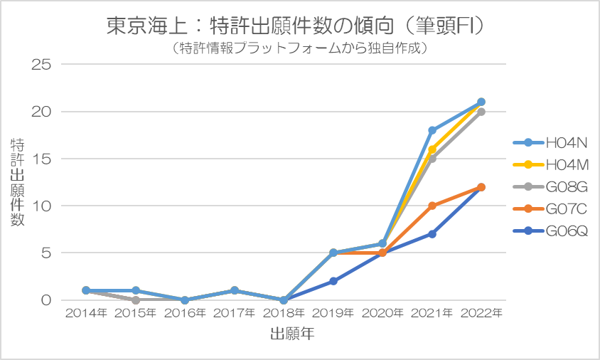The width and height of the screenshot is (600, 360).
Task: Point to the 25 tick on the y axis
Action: click(42, 65)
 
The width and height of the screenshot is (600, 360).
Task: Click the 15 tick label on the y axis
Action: click(42, 159)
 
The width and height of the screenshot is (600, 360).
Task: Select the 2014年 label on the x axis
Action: click(85, 314)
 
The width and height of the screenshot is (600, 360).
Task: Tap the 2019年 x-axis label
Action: click(333, 314)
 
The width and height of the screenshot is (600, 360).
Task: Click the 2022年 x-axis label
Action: click(481, 314)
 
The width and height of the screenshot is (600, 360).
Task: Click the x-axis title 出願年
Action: click(292, 333)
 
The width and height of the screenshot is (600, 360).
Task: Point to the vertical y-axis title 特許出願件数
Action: click(17, 182)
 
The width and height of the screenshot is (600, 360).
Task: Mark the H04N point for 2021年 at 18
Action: click(432, 130)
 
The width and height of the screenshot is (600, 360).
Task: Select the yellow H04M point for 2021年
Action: click(432, 149)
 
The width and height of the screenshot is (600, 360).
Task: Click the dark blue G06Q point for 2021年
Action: click(432, 234)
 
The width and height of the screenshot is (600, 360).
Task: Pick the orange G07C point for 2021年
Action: click(432, 206)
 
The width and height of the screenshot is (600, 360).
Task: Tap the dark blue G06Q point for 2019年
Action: click(333, 281)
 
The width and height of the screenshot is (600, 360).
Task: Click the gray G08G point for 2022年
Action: click(481, 112)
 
